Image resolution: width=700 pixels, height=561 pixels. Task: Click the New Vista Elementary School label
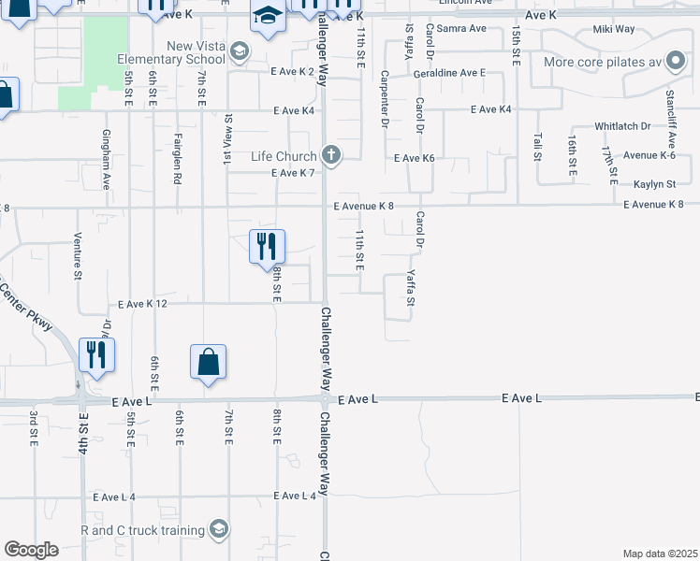click(x=172, y=52)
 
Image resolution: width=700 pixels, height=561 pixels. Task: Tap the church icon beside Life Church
click(x=329, y=154)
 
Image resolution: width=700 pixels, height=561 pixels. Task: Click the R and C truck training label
click(x=143, y=530)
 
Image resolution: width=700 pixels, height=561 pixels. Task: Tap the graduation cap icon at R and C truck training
click(x=218, y=530)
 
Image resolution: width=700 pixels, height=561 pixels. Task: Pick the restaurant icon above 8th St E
click(x=267, y=247)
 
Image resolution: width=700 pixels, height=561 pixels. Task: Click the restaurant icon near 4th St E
click(x=96, y=354)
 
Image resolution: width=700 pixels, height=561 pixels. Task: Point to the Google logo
click(x=31, y=550)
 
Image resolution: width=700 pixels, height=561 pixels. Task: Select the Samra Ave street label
click(x=461, y=29)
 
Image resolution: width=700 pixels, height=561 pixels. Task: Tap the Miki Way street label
click(x=615, y=30)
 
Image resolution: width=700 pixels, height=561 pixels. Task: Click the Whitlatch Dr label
click(x=622, y=125)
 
